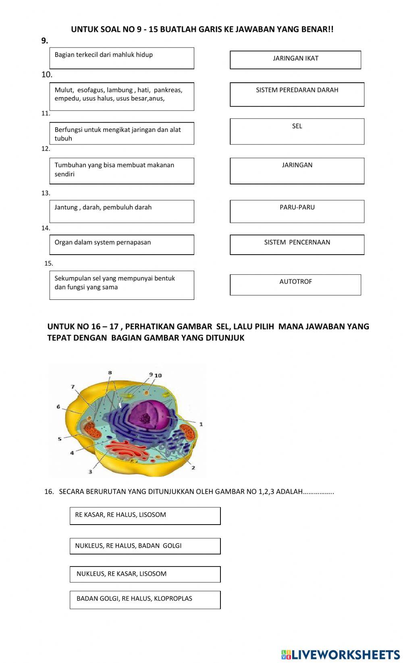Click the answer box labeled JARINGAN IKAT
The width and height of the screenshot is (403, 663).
295,60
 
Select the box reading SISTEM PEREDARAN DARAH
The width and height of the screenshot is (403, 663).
297,94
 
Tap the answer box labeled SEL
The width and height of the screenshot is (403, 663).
297,131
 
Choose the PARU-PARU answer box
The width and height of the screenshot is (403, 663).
297,211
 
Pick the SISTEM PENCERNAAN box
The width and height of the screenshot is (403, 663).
297,245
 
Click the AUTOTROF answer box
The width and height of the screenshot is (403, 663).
295,284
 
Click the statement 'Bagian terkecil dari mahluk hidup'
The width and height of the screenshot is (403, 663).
121,58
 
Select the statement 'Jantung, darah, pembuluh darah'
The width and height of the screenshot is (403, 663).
121,211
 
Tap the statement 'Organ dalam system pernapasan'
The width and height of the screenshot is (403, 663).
121,245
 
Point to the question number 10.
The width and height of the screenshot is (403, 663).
47,75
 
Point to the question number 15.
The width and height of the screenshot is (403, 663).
48,264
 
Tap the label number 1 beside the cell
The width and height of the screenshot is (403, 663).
201,424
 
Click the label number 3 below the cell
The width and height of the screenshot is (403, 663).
90,472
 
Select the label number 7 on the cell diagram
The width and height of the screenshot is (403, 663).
73,387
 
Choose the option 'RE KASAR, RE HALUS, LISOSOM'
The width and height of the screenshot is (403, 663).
145,516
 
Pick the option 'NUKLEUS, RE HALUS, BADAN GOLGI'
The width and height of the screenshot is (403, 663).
145,546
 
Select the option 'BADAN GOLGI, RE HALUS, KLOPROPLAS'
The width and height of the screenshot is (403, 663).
145,600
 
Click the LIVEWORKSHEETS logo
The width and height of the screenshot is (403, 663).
341,654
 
